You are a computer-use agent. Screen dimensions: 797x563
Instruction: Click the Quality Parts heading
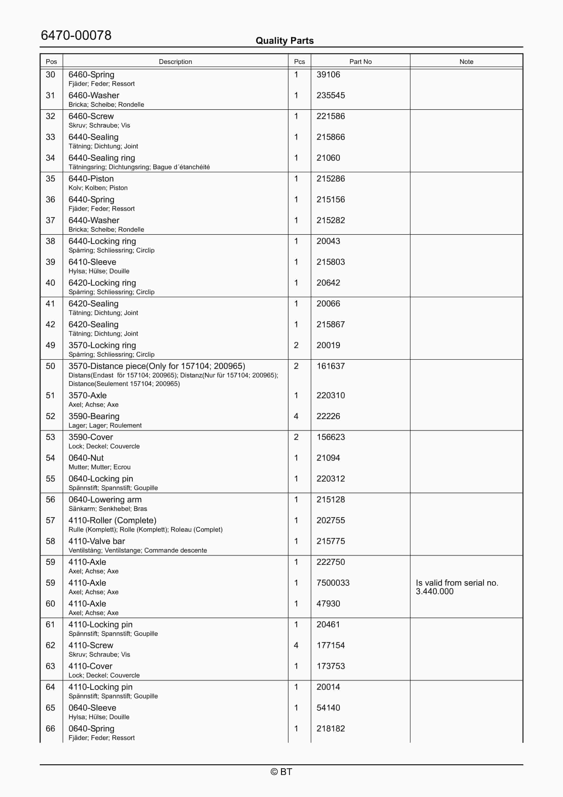click(284, 41)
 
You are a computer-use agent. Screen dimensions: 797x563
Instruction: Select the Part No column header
click(360, 62)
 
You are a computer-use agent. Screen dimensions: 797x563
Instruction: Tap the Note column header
click(466, 62)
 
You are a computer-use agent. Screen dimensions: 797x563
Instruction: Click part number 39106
click(328, 75)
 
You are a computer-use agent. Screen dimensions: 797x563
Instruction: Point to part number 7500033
click(333, 583)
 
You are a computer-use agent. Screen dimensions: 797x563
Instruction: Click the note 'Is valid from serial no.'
click(457, 583)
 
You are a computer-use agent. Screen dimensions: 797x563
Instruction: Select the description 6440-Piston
click(91, 179)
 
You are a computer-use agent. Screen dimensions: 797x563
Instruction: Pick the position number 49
click(50, 345)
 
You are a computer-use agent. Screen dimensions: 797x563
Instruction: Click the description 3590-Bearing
click(94, 416)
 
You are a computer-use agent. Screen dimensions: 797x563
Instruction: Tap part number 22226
click(328, 416)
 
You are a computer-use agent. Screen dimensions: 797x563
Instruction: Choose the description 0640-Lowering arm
click(105, 500)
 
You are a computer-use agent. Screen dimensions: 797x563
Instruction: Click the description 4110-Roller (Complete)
click(112, 520)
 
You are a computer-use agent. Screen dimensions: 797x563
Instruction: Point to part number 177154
click(330, 645)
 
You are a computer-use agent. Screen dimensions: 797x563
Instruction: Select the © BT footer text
click(281, 772)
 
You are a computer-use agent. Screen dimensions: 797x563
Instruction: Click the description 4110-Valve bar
click(97, 541)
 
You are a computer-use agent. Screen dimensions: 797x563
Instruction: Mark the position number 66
click(50, 729)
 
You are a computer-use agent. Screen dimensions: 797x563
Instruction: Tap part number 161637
click(330, 366)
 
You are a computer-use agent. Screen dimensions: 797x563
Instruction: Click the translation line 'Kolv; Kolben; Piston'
click(98, 188)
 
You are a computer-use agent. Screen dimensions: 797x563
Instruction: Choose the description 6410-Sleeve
click(92, 262)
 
